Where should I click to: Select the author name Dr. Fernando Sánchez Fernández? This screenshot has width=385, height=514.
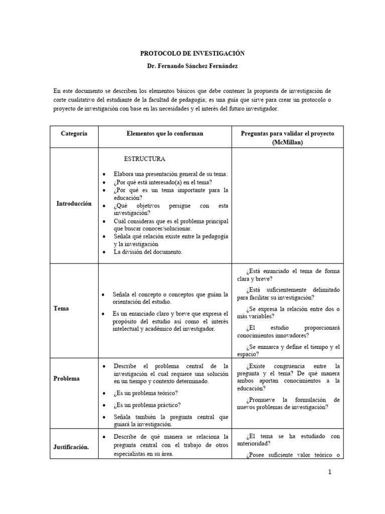click(x=192, y=66)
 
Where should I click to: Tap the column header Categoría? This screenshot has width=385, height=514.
click(x=74, y=133)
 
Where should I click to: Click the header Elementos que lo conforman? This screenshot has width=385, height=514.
click(x=165, y=133)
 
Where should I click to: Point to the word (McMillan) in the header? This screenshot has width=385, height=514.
click(x=287, y=143)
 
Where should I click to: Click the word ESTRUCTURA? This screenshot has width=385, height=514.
click(x=144, y=159)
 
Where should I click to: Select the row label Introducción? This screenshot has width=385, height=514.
click(x=74, y=204)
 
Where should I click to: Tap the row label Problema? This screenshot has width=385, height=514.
click(x=67, y=378)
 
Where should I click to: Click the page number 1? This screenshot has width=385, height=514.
click(x=329, y=472)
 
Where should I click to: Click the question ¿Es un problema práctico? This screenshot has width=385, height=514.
click(x=147, y=405)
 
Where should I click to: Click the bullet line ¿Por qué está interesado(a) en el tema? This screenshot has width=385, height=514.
click(x=162, y=182)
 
